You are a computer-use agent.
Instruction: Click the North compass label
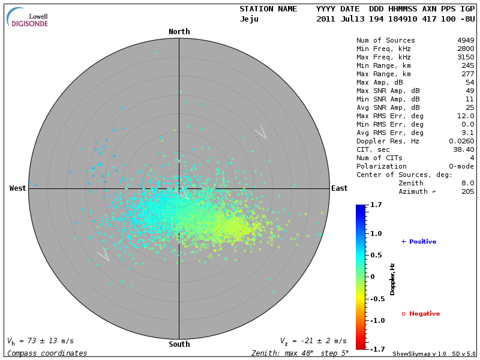click(179, 32)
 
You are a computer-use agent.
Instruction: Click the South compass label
click(179, 344)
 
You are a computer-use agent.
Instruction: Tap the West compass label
click(18, 188)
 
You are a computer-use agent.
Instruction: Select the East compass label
click(339, 188)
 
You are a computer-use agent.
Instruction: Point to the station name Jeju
click(249, 19)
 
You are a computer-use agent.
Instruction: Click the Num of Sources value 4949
click(466, 41)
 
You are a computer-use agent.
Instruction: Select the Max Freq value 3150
click(466, 58)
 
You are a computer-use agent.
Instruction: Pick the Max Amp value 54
click(470, 82)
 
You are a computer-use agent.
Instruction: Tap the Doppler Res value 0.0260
click(461, 141)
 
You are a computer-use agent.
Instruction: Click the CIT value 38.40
click(464, 149)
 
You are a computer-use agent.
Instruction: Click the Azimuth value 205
click(468, 191)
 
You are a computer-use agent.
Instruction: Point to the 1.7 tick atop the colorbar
click(377, 205)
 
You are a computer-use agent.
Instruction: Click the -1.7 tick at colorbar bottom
click(377, 348)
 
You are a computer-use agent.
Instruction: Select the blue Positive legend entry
click(419, 242)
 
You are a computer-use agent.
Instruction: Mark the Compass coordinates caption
click(47, 353)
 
